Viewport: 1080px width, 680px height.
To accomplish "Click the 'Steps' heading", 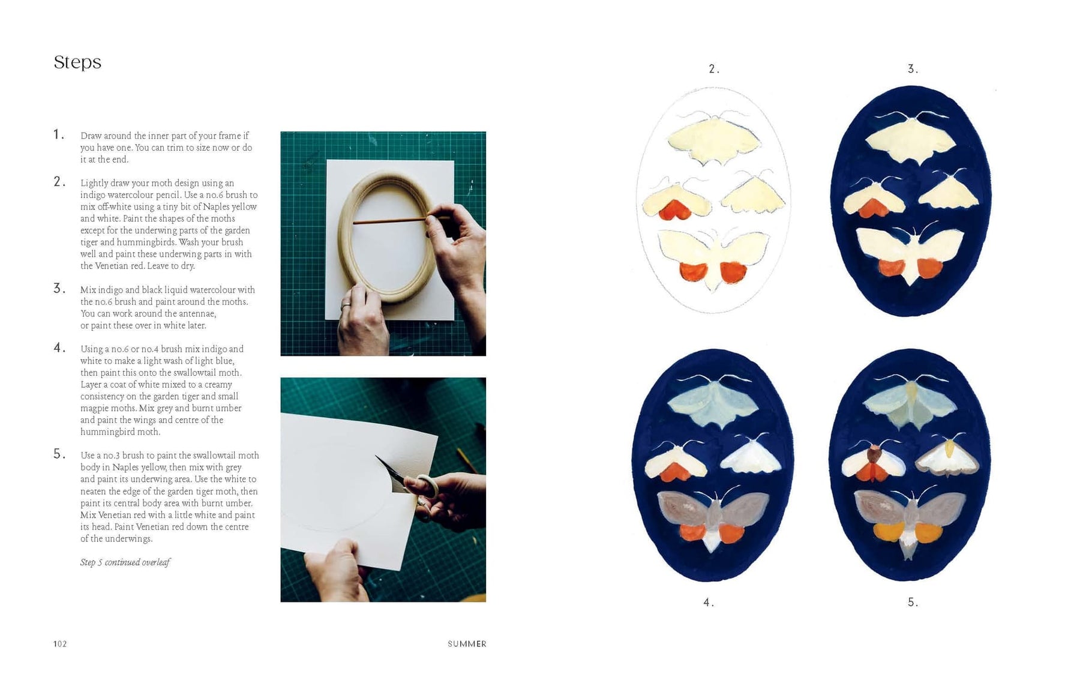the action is (77, 62).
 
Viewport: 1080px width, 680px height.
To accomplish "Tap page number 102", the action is (60, 644).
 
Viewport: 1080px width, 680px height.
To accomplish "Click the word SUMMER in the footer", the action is (467, 644).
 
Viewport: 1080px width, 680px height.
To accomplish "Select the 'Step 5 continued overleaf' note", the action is (125, 562).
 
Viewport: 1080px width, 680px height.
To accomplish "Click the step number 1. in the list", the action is (59, 134).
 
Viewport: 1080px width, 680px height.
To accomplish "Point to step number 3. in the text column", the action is (59, 289).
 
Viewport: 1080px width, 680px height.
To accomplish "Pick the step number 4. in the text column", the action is (59, 348).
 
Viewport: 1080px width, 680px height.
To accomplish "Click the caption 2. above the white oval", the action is (713, 69).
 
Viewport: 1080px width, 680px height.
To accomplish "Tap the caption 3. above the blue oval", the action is (913, 69).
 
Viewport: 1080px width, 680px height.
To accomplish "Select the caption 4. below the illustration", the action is (709, 602).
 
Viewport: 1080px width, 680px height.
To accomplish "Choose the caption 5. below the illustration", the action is (913, 602).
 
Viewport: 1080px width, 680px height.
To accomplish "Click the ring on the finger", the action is (346, 306).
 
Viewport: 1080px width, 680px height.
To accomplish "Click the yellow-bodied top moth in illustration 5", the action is (911, 399).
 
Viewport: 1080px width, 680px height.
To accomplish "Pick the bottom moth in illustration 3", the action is (911, 252).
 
